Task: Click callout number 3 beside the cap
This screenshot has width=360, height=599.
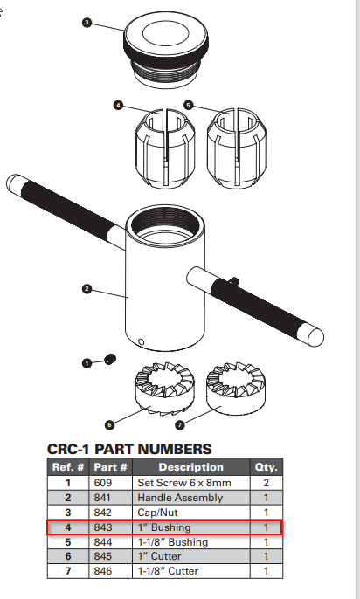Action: (x=87, y=22)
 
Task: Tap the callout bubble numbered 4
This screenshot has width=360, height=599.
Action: (x=118, y=105)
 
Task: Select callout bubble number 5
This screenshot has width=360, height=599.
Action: (x=188, y=105)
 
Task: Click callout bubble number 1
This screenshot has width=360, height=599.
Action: (x=87, y=361)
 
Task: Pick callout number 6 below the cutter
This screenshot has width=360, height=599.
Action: (x=109, y=425)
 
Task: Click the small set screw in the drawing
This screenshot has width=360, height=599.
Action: (x=110, y=359)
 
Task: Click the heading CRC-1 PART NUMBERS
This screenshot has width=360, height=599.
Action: (x=128, y=449)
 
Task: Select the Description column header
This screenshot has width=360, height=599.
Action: (x=190, y=467)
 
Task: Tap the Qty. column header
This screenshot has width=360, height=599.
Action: (x=265, y=467)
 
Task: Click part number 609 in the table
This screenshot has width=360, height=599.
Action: (x=102, y=482)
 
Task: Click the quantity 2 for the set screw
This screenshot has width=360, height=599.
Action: (x=265, y=482)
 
